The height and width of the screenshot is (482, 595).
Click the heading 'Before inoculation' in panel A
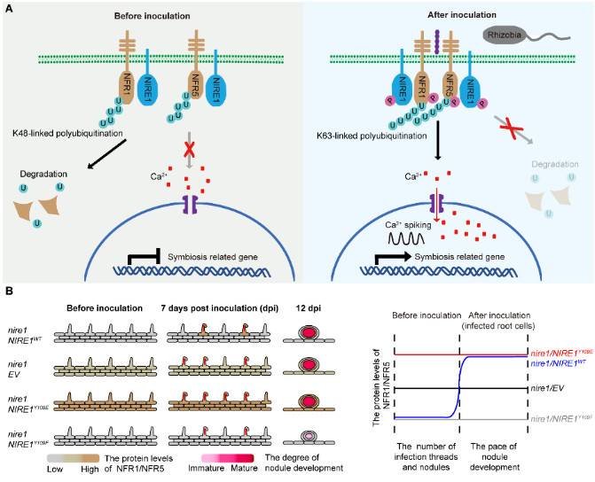click(x=146, y=16)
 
